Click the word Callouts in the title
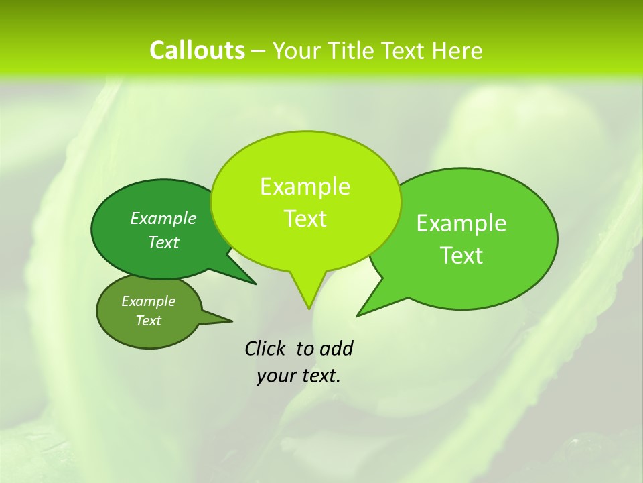pyautogui.click(x=197, y=50)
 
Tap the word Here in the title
pyautogui.click(x=457, y=50)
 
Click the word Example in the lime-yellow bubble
pyautogui.click(x=305, y=186)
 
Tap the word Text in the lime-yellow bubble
pyautogui.click(x=305, y=219)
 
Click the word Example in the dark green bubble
pyautogui.click(x=163, y=218)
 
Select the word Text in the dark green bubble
pyautogui.click(x=163, y=242)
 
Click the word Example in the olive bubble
pyautogui.click(x=148, y=301)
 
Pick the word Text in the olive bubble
pyautogui.click(x=148, y=321)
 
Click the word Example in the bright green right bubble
pyautogui.click(x=461, y=223)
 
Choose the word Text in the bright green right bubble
pyautogui.click(x=461, y=256)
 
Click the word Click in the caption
pyautogui.click(x=265, y=348)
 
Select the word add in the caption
pyautogui.click(x=336, y=348)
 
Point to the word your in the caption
pyautogui.click(x=276, y=376)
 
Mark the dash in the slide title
pyautogui.click(x=259, y=50)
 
